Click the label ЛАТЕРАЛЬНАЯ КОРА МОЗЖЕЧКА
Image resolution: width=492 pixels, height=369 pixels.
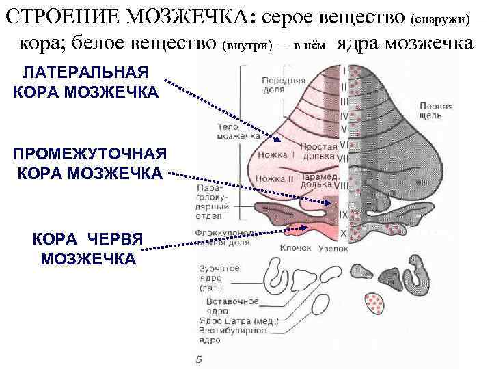[x=86, y=81]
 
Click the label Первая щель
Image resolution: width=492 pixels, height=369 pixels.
[x=435, y=111]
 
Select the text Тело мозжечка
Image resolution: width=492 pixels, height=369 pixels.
[x=230, y=131]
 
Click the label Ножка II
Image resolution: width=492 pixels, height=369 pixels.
[x=273, y=179]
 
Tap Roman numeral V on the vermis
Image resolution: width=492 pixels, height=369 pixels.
[x=344, y=128]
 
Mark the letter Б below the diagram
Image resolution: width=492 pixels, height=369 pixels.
[x=197, y=359]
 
